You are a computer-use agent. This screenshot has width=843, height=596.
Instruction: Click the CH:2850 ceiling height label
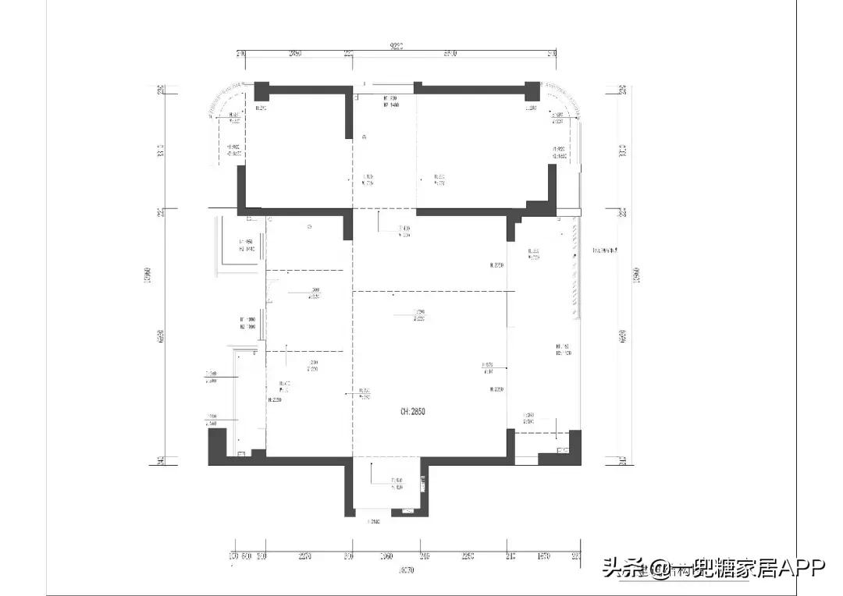(414, 411)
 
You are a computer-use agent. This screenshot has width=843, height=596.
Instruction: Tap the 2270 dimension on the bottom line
(304, 557)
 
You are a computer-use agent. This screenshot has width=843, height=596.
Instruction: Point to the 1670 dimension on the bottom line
(543, 557)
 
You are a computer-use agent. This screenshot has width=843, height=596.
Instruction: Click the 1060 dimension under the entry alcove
(386, 557)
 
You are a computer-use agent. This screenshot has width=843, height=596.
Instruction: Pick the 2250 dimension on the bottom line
(467, 557)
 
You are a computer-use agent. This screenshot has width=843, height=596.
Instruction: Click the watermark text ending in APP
(713, 568)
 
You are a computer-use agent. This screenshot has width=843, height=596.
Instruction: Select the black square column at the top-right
(532, 89)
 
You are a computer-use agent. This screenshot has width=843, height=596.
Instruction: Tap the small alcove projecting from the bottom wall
(386, 488)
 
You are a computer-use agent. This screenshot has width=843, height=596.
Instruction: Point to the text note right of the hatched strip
(606, 250)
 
